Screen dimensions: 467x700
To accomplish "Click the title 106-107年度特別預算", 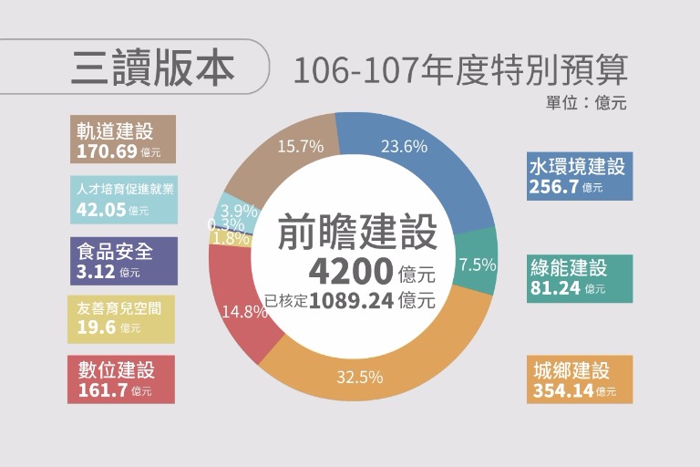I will click(x=459, y=70).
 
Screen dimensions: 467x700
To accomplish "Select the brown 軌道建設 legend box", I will click(x=121, y=140).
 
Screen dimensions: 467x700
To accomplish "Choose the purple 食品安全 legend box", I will click(x=121, y=261).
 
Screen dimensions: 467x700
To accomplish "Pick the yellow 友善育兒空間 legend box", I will click(x=121, y=318).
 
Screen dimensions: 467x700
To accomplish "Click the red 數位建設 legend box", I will click(x=120, y=379).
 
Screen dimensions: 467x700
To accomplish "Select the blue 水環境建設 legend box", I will click(x=578, y=176).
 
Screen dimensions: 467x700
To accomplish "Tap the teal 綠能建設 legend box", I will click(x=578, y=277).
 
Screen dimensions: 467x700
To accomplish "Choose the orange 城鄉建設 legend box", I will click(x=578, y=379).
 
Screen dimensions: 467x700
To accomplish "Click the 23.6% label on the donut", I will click(x=404, y=146).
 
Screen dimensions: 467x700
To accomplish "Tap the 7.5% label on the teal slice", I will click(x=477, y=265).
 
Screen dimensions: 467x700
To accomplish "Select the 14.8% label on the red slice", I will click(x=244, y=311).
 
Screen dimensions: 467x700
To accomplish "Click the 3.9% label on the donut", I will click(x=238, y=210).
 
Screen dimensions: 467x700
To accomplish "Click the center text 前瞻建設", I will click(x=357, y=233).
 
